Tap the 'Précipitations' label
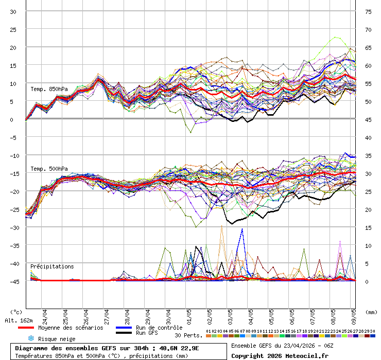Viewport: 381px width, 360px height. (x=52, y=266)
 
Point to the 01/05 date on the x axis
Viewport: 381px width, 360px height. (x=189, y=314)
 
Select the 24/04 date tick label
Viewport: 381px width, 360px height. (x=45, y=314)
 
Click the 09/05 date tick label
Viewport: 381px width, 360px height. (x=354, y=314)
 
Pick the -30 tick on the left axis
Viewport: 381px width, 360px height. (x=14, y=227)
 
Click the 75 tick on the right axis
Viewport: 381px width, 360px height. (x=368, y=11)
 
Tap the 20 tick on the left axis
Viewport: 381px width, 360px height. (x=14, y=47)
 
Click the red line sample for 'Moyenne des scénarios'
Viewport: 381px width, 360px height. (x=33, y=328)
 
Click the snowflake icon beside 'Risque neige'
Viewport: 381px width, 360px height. (x=31, y=338)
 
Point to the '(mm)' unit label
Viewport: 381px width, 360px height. (x=371, y=312)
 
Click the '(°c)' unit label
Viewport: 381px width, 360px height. (x=16, y=312)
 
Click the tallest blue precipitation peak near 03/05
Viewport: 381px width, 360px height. (x=242, y=229)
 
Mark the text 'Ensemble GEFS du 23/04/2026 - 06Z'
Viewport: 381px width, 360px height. (x=281, y=345)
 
